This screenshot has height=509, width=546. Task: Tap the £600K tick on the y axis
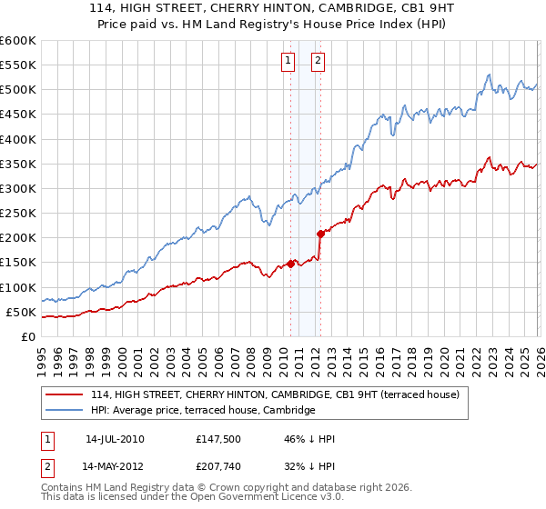[18, 41]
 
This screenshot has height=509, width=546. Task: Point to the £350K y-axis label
[18, 165]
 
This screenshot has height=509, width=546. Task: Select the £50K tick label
[21, 313]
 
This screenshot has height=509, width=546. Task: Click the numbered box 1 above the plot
[288, 61]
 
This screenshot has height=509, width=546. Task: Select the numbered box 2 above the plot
[318, 61]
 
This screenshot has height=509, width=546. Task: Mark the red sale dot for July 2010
[290, 264]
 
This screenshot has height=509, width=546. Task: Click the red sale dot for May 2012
[320, 234]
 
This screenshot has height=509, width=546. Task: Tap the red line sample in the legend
[66, 394]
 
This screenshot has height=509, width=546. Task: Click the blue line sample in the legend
[66, 411]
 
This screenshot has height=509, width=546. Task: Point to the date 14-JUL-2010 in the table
[115, 438]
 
